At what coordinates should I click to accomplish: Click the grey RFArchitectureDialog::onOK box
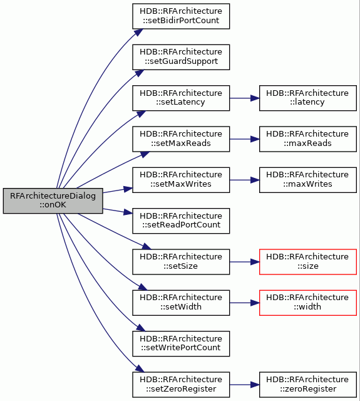tap(53, 200)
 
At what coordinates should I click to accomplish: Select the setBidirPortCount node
tap(181, 16)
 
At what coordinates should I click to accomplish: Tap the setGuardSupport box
tap(181, 57)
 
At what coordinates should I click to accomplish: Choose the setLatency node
tap(181, 98)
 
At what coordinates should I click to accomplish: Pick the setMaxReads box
tap(181, 139)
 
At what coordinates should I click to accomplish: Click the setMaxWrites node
tap(181, 180)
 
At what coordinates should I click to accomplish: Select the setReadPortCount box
tap(181, 221)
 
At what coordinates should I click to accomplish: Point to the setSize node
tap(181, 262)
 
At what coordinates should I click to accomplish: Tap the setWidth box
tap(181, 303)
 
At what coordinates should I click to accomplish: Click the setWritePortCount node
tap(181, 343)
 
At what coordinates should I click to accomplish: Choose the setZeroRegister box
tap(181, 384)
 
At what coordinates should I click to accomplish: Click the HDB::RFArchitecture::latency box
tap(308, 98)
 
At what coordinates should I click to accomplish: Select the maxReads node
tap(308, 139)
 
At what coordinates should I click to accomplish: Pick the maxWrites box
tap(308, 180)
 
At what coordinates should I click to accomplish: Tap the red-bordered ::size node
tap(308, 262)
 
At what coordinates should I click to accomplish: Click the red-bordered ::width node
tap(308, 303)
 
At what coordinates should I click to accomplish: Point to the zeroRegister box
tap(308, 384)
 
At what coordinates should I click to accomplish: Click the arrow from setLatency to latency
tap(245, 98)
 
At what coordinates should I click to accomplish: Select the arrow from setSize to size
tap(245, 262)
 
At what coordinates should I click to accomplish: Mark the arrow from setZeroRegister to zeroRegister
tap(245, 384)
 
